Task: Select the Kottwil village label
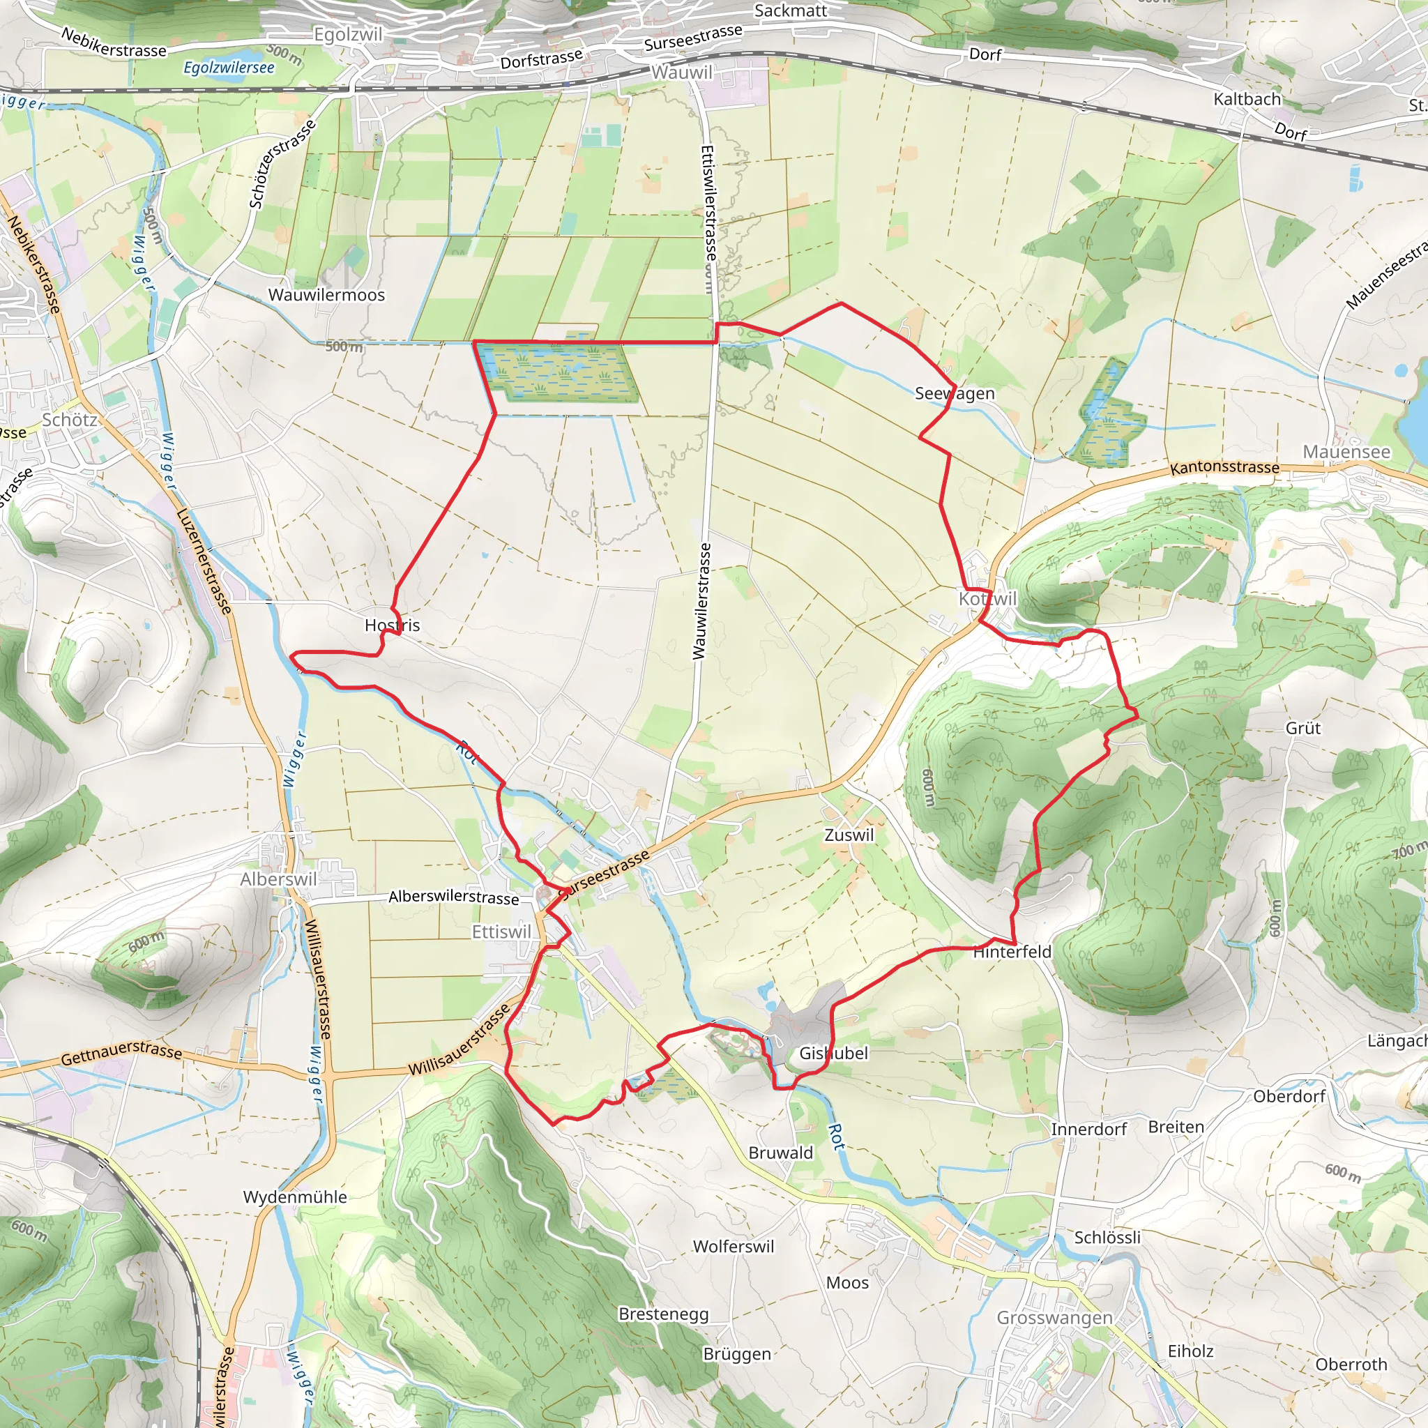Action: (987, 599)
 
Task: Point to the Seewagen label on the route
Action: (955, 393)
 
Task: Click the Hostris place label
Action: (392, 625)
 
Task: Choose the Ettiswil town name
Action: (501, 932)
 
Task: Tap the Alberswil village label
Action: (278, 879)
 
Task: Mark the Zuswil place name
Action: (849, 835)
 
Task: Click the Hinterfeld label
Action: (1012, 952)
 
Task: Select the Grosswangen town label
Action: (1054, 1318)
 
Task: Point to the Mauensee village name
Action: (1346, 452)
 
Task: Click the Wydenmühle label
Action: (295, 1197)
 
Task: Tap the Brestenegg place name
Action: (663, 1314)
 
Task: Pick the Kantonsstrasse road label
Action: (1224, 468)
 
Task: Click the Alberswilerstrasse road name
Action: (453, 897)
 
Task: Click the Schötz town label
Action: (70, 420)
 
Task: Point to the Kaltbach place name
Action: (1247, 99)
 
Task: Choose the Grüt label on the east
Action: (1302, 728)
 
